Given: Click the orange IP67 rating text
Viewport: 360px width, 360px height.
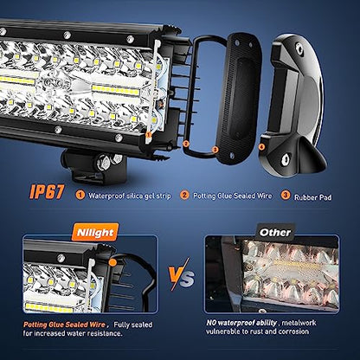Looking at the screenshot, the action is click(47, 192).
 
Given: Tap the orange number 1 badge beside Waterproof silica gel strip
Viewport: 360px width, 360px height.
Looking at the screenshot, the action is click(80, 196).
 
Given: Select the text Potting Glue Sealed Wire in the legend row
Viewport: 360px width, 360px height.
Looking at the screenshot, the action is click(232, 196).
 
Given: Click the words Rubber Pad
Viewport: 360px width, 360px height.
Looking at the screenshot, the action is click(312, 197).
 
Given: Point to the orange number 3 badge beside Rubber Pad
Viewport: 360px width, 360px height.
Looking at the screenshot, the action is click(286, 196).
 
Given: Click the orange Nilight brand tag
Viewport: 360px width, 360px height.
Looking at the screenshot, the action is click(95, 232).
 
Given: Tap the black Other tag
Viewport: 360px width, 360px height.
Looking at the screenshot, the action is click(275, 232).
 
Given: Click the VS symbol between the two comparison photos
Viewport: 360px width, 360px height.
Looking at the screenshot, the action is click(182, 275).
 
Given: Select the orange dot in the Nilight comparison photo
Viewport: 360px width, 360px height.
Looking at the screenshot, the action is click(112, 262).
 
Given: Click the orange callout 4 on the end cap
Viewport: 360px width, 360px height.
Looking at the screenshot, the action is click(261, 147).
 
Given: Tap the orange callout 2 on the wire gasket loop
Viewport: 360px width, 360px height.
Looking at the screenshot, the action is click(186, 144).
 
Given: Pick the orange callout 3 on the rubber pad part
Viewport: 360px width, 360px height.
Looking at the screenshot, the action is click(215, 150).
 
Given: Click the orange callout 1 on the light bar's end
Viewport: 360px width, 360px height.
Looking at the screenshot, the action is click(149, 134).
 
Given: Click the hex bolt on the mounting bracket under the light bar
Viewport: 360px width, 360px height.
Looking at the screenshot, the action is click(104, 162).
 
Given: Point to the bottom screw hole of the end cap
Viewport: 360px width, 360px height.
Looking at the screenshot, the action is click(286, 159).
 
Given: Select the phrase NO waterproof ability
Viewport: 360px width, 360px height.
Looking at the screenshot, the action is click(241, 323).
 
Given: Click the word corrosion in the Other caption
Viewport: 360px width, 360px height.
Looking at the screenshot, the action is click(293, 331).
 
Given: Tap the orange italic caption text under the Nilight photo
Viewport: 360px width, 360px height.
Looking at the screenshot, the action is click(64, 325).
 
